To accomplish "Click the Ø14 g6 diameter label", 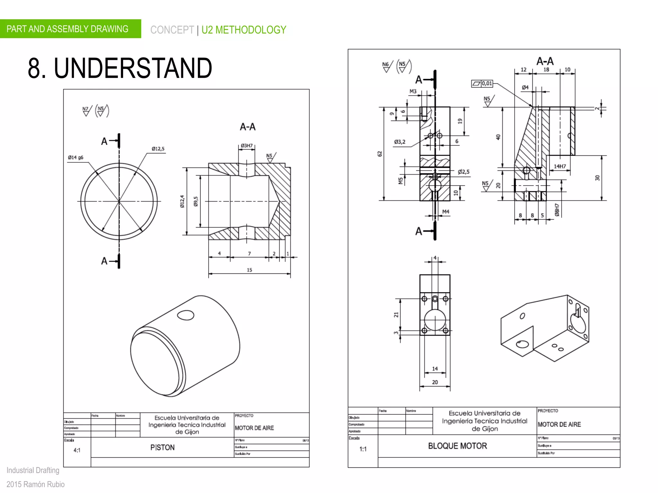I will point(76,158).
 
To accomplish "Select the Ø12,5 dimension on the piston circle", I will point(158,149).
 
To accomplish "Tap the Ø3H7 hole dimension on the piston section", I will point(246,146).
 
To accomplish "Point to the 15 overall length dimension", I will point(249,270).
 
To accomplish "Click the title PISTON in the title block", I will point(162,447).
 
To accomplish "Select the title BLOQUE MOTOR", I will point(457,446).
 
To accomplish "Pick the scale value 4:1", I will point(77,450).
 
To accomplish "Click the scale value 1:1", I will point(363,449).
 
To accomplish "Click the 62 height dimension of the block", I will point(380,154).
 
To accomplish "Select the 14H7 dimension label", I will point(560,166).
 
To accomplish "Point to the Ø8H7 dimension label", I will point(557,210).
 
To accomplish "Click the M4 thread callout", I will point(446,212).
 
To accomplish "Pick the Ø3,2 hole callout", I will point(400,142).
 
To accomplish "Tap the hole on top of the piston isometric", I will point(186,315).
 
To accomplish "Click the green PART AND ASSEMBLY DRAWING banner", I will point(67,29).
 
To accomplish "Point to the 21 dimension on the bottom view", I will point(396,315).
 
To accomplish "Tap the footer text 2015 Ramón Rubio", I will point(35,484).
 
